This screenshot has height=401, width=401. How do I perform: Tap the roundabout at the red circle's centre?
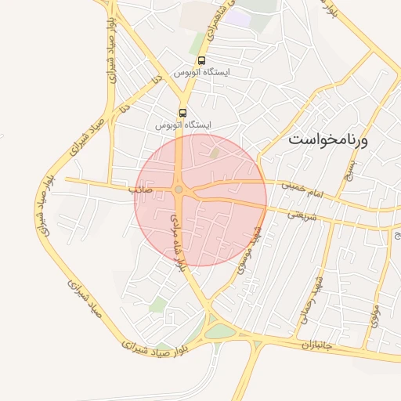(179, 190)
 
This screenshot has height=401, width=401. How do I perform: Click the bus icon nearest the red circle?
(182, 113)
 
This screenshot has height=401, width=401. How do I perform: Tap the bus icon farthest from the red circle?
(202, 60)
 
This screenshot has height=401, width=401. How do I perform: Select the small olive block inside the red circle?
(215, 152)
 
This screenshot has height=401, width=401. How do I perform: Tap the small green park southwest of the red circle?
(159, 304)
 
